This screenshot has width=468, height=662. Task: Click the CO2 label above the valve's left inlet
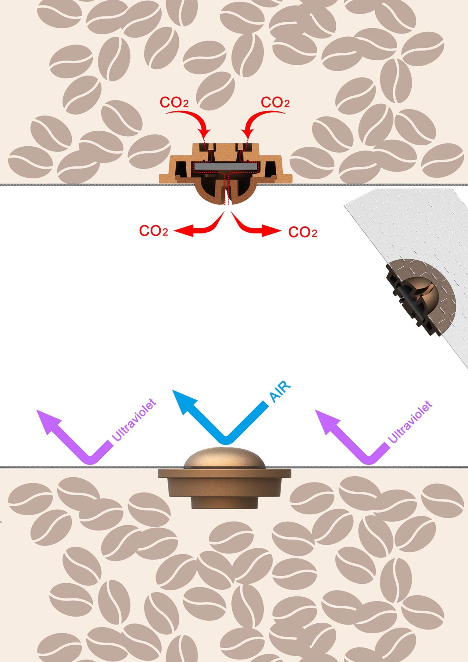click(174, 103)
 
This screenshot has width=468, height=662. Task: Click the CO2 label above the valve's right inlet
click(275, 103)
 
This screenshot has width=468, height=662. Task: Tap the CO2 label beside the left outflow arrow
click(153, 231)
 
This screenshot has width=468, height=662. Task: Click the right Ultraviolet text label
click(410, 422)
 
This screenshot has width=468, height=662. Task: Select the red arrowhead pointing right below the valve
click(272, 231)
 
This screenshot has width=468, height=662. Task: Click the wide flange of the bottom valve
click(224, 473)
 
